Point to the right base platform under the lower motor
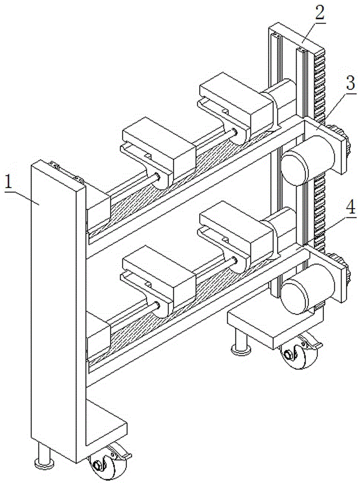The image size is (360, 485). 271,325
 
